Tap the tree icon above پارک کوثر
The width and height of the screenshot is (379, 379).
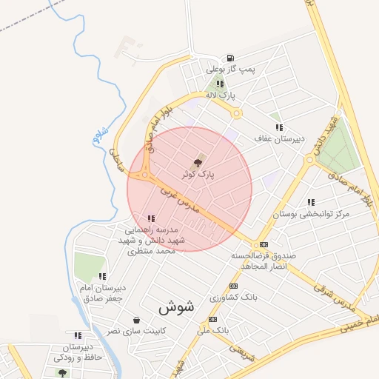(x=197, y=162)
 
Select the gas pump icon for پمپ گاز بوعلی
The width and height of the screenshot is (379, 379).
(x=231, y=58)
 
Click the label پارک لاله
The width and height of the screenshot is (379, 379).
(x=220, y=95)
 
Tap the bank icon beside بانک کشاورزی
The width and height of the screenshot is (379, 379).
(x=234, y=286)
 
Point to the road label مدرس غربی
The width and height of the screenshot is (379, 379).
(x=182, y=199)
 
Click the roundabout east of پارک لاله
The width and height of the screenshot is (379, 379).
(x=237, y=113)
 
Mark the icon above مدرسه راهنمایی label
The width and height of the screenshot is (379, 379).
(x=151, y=218)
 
